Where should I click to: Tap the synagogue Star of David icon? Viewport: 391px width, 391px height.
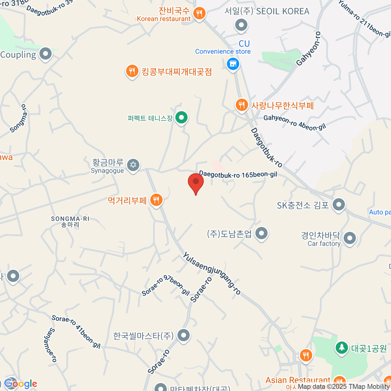[133, 165]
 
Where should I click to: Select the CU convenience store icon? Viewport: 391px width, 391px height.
[233, 64]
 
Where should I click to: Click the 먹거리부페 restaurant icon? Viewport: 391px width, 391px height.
[156, 200]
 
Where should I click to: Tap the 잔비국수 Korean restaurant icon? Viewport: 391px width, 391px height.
[199, 13]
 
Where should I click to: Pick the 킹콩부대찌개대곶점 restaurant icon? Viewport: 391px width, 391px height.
[132, 71]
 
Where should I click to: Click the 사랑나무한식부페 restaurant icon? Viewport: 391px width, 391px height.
[241, 105]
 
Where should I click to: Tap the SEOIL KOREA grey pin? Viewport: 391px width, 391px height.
[241, 25]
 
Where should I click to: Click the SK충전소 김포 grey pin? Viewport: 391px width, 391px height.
[339, 205]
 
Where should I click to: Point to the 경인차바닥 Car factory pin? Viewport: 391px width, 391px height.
[350, 238]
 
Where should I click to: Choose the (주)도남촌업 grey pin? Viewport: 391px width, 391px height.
[261, 233]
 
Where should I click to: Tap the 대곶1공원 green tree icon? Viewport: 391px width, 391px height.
[341, 348]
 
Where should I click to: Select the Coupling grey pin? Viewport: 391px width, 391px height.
[45, 54]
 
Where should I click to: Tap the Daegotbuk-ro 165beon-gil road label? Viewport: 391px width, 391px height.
[238, 175]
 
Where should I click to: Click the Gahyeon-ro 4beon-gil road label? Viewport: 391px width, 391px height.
[295, 123]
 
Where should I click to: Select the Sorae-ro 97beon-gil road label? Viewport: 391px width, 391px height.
[166, 285]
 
